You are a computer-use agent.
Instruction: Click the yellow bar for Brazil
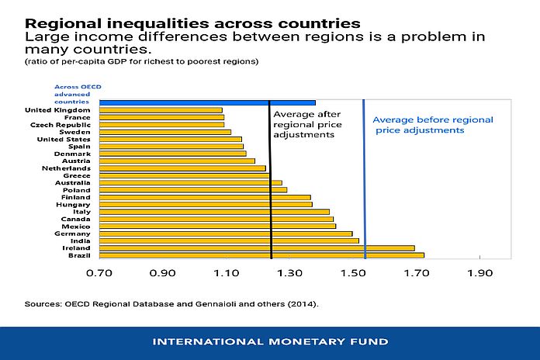pyautogui.click(x=261, y=254)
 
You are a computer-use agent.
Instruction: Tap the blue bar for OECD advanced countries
pyautogui.click(x=207, y=102)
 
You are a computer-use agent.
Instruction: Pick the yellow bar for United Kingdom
pyautogui.click(x=161, y=110)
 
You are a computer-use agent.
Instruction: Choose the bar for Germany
pyautogui.click(x=226, y=233)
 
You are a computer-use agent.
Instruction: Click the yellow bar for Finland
pyautogui.click(x=205, y=197)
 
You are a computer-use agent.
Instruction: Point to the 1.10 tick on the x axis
pyautogui.click(x=227, y=274)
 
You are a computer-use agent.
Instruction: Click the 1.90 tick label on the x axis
pyautogui.click(x=479, y=274)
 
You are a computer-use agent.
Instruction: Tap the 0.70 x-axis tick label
pyautogui.click(x=100, y=274)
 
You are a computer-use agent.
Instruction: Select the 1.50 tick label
pyautogui.click(x=353, y=274)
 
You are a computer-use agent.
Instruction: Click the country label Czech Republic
pyautogui.click(x=61, y=125)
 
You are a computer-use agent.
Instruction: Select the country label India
pyautogui.click(x=83, y=241)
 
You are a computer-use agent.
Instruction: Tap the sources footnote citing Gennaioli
pyautogui.click(x=171, y=304)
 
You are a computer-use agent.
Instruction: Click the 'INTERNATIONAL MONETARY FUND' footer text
pyautogui.click(x=270, y=342)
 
